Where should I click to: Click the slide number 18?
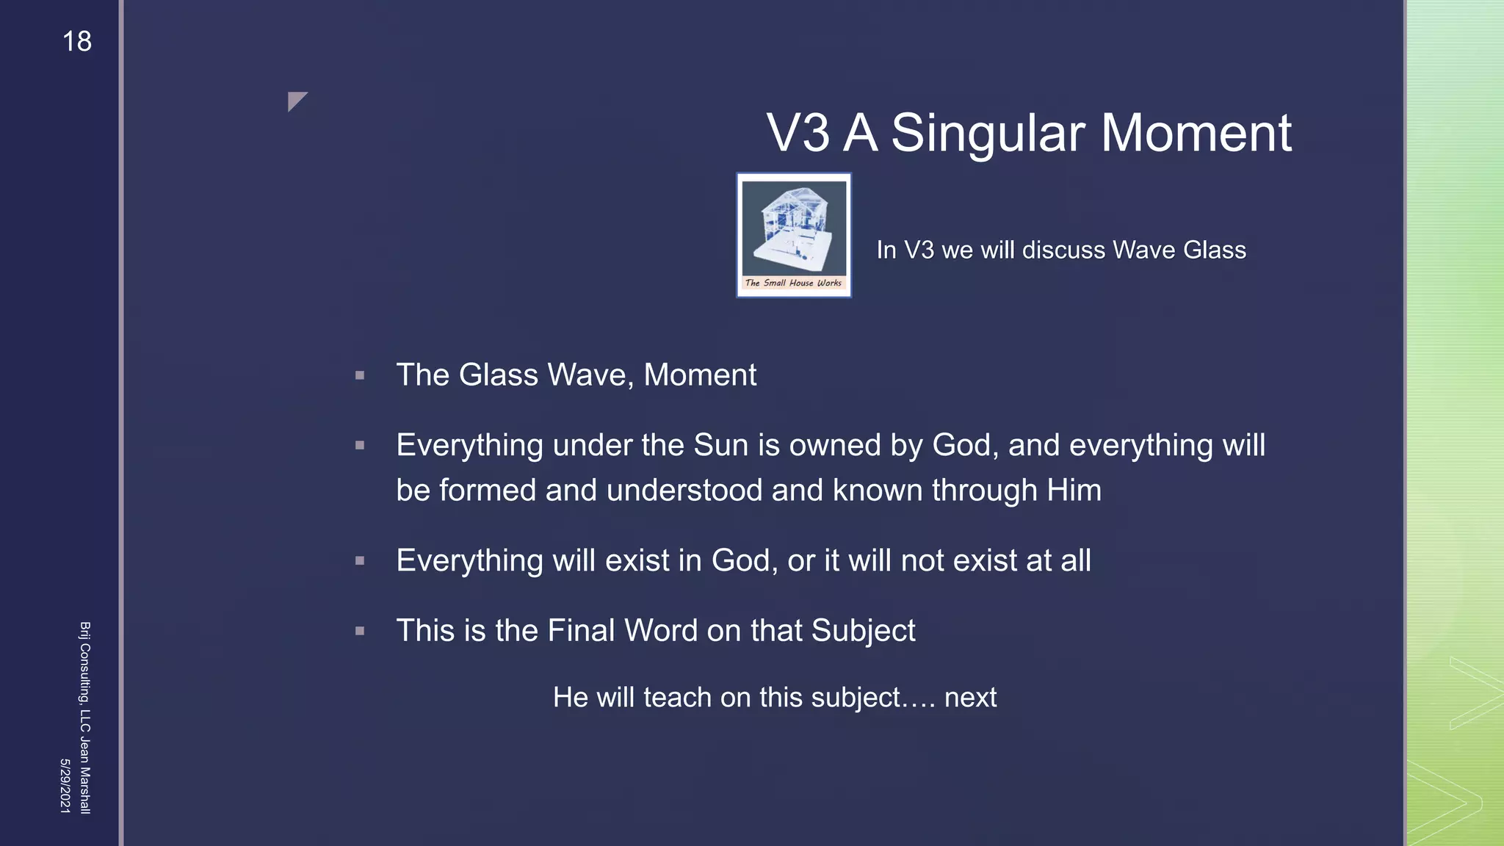click(77, 42)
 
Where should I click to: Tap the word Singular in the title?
click(988, 134)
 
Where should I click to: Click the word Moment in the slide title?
click(1196, 134)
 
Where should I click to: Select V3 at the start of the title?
click(798, 134)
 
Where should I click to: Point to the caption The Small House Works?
click(793, 283)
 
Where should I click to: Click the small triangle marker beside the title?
click(296, 101)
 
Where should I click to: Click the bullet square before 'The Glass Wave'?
click(360, 375)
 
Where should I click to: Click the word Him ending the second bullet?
click(1074, 491)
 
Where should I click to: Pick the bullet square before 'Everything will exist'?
click(360, 561)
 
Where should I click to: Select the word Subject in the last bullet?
click(863, 631)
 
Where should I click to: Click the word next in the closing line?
click(970, 698)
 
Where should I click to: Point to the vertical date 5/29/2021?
click(65, 786)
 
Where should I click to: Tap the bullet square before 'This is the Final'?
click(360, 631)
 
